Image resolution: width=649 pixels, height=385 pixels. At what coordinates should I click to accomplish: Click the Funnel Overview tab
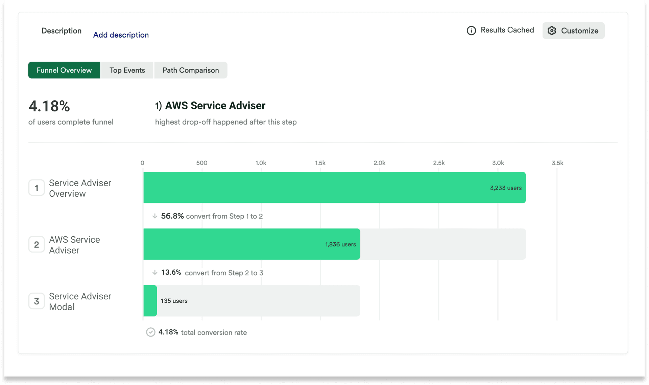coord(64,70)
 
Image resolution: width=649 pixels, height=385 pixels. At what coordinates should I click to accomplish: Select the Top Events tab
coord(127,70)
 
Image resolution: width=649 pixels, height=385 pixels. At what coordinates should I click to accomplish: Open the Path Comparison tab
coord(191,70)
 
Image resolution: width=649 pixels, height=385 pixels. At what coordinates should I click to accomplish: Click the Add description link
coord(121,35)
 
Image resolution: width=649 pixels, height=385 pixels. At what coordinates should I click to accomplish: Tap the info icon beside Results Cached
coord(471,30)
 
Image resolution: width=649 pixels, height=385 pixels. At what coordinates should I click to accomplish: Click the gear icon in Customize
coord(552,30)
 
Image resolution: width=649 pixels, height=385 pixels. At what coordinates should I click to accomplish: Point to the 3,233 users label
coord(505,188)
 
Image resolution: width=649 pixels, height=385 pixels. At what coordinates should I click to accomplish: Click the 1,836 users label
coord(340,244)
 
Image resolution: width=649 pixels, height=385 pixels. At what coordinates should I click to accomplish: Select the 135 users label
coord(174,301)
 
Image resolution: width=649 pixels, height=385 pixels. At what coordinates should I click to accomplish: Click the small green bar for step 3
coord(150,301)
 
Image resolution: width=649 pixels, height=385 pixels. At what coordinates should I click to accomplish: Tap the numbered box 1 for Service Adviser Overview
coord(37,188)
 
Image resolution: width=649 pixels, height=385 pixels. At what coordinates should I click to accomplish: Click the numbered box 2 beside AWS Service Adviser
coord(37,244)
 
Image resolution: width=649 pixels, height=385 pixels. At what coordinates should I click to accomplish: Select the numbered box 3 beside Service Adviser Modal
coord(37,301)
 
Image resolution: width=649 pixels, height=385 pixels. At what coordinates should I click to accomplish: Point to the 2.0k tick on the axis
coord(379,163)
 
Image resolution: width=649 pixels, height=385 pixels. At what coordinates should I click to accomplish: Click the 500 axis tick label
coord(201,163)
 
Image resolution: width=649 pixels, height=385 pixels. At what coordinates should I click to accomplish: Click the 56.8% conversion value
coord(172,216)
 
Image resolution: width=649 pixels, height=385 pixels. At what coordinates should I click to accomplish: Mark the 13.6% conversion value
coord(171,272)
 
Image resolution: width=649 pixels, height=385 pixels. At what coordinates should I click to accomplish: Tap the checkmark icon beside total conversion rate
coord(150,332)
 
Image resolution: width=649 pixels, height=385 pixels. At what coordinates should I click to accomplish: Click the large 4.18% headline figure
coord(49,106)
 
